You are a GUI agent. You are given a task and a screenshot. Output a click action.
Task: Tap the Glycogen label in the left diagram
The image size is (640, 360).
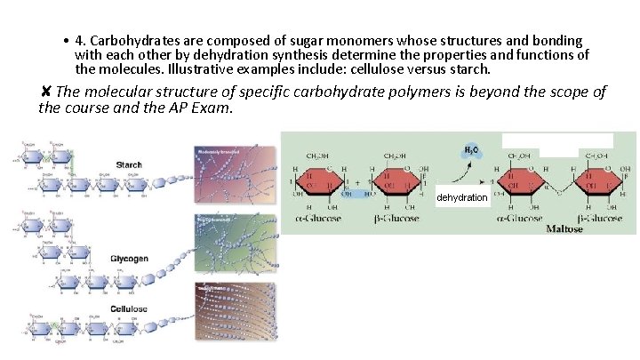tap(129, 259)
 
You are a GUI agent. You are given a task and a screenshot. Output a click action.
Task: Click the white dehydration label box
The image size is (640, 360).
tap(462, 196)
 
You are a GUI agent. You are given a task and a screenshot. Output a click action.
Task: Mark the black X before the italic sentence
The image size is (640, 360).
tap(45, 92)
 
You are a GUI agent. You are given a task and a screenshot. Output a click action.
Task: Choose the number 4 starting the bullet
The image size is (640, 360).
tap(79, 41)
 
